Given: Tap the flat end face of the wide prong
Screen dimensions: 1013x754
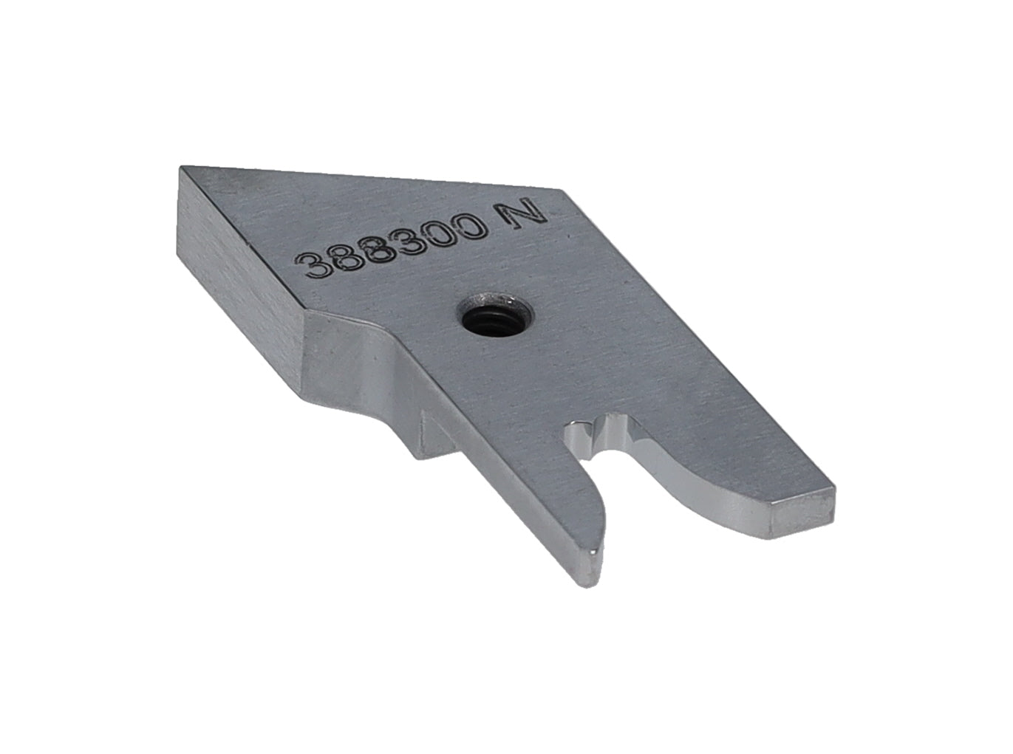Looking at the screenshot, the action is pyautogui.click(x=802, y=513).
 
